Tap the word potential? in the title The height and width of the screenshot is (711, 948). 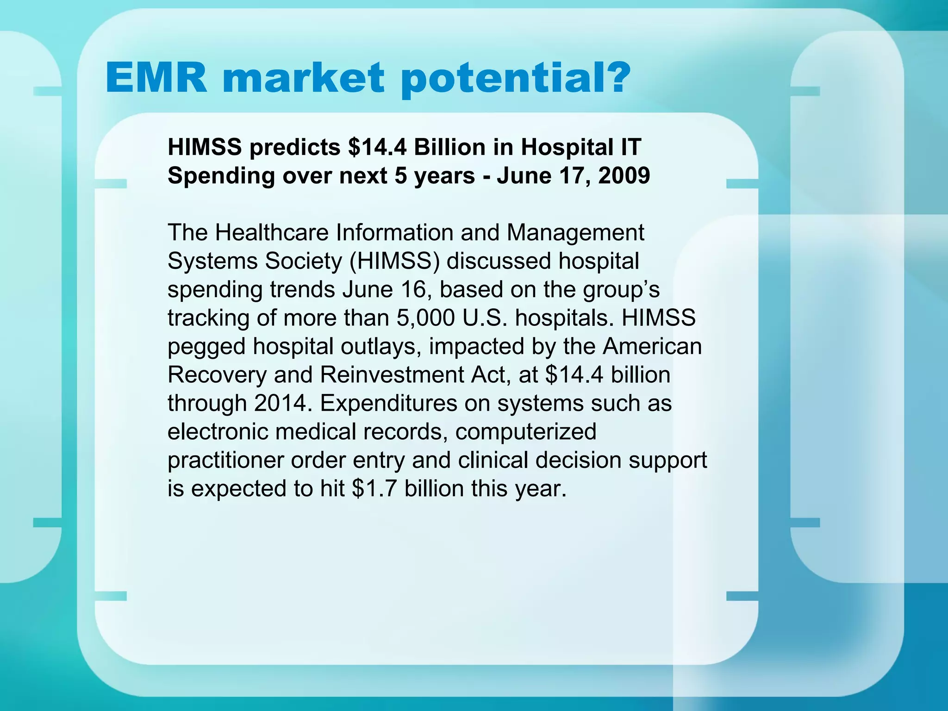pyautogui.click(x=516, y=80)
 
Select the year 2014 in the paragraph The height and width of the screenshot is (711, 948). pyautogui.click(x=280, y=403)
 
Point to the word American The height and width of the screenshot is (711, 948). pyautogui.click(x=652, y=347)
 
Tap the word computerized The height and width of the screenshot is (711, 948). pyautogui.click(x=526, y=432)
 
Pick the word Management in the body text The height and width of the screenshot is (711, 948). pyautogui.click(x=575, y=232)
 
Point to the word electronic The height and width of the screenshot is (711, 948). pyautogui.click(x=218, y=432)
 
